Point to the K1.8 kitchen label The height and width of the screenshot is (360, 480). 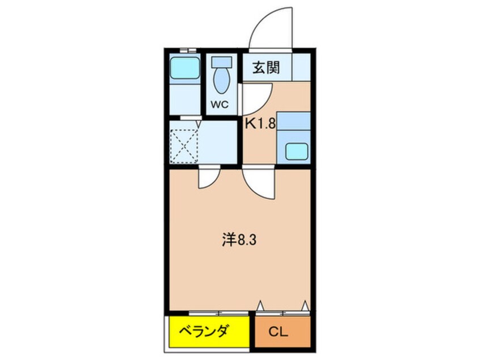[x=260, y=124]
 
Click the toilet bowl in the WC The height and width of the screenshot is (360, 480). [x=221, y=81]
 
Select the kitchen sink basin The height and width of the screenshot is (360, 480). [x=297, y=150]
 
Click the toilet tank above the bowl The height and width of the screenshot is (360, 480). [x=221, y=62]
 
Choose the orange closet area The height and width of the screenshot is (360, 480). [x=283, y=332]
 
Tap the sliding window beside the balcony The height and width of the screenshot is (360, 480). [x=218, y=312]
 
